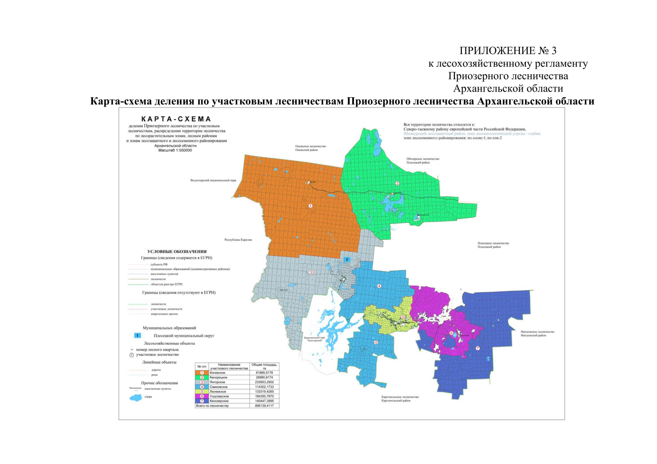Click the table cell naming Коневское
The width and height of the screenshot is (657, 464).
tap(218, 373)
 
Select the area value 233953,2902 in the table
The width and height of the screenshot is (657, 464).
tap(264, 382)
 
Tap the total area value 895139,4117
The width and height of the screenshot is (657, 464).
tap(264, 406)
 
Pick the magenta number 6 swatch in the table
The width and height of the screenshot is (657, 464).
tap(202, 396)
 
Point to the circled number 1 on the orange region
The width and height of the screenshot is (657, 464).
tap(310, 206)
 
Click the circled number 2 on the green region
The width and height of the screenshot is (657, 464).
tap(397, 183)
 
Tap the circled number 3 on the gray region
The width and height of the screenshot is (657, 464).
tap(311, 273)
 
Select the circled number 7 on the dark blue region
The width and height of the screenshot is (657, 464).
tap(478, 348)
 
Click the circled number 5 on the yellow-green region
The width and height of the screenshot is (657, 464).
tap(403, 317)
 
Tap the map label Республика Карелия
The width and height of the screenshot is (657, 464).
tap(238, 240)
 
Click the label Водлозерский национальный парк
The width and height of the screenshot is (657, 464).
tap(213, 180)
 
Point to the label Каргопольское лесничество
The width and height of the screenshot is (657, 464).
tap(400, 397)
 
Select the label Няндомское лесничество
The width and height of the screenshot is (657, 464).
tap(537, 332)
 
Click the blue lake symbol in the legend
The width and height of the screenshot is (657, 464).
tap(136, 397)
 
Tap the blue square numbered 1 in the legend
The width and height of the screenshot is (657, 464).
tap(137, 335)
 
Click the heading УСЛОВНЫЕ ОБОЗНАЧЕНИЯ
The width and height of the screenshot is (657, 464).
tap(177, 251)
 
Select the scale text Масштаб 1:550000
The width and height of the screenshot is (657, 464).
tap(175, 150)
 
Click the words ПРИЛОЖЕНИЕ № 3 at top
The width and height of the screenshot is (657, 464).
tap(508, 51)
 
